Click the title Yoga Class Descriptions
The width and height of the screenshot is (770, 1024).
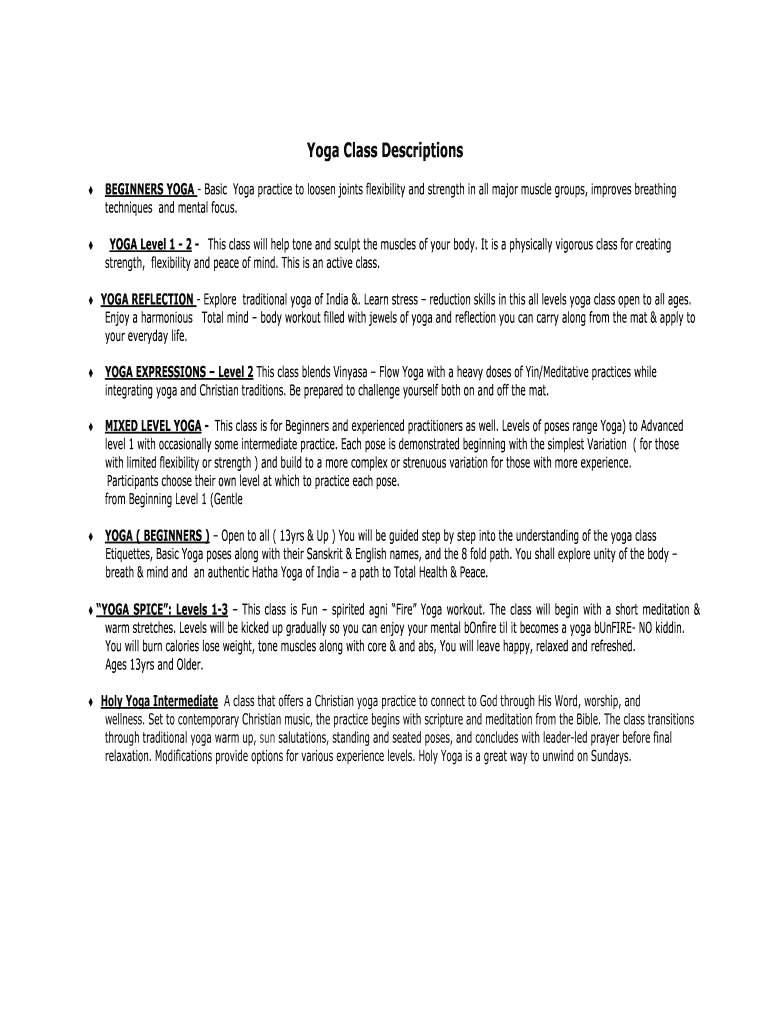click(x=385, y=151)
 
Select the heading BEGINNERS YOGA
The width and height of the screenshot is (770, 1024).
click(x=150, y=190)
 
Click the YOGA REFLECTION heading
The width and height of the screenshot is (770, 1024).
click(x=147, y=299)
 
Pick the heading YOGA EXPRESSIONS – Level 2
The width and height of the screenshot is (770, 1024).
click(x=179, y=372)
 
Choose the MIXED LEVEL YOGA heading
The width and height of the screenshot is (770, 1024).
click(x=153, y=426)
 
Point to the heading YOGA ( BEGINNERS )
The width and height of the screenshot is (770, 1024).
click(x=157, y=536)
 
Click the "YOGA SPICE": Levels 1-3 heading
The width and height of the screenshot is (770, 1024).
click(x=162, y=609)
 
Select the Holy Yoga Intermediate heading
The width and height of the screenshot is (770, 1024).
click(x=160, y=702)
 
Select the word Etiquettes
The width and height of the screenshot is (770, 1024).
click(x=136, y=555)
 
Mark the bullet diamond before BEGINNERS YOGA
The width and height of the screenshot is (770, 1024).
click(x=91, y=191)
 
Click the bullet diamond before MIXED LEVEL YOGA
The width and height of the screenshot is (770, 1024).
click(x=91, y=427)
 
